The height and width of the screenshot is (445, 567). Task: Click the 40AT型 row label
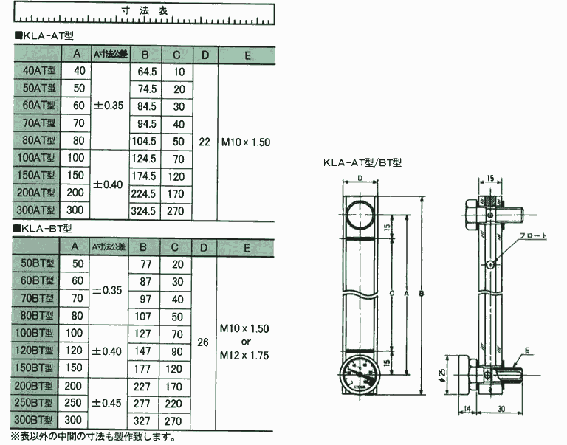[x=38, y=72]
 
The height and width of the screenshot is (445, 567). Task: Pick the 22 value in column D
[x=205, y=141]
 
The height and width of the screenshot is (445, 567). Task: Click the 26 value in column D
[x=205, y=342]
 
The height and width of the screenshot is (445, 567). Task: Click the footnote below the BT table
[x=93, y=437]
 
